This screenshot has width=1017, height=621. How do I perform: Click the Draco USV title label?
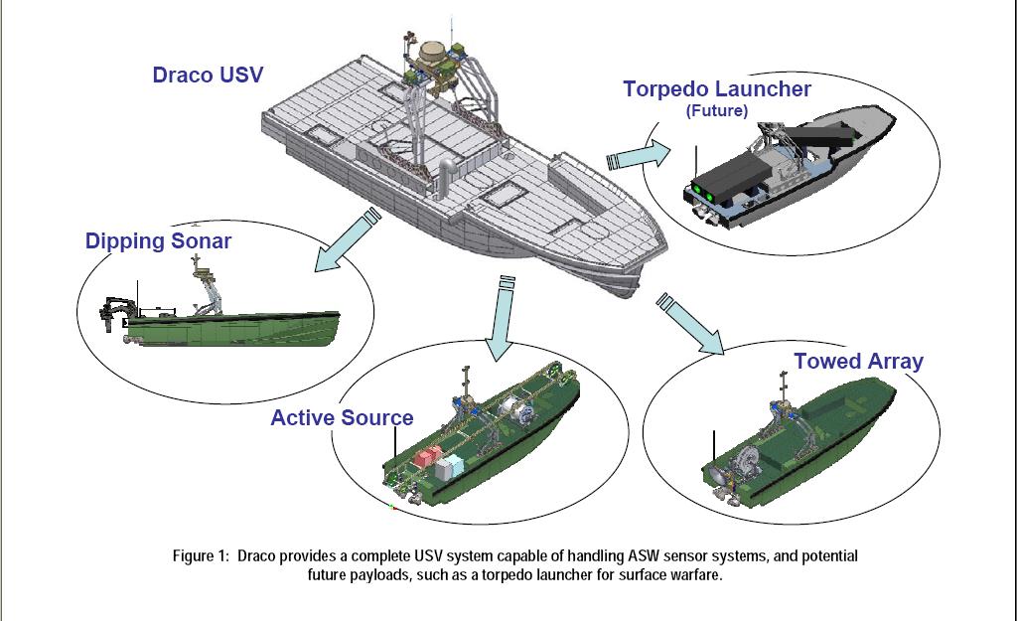[x=208, y=75]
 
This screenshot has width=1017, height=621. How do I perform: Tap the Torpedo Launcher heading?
[x=717, y=88]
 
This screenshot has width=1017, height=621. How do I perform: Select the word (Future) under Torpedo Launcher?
[x=717, y=110]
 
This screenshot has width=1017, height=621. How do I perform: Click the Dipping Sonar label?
[x=158, y=241]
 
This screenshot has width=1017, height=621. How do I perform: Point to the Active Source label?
[x=342, y=417]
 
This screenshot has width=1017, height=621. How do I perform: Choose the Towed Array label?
[x=859, y=362]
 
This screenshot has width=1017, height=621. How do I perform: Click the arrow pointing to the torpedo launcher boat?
[x=640, y=156]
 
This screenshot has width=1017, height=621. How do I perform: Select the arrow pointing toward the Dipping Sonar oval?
[x=347, y=240]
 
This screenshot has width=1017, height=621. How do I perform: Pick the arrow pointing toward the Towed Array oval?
[x=691, y=324]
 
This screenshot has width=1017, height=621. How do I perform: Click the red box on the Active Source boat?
[x=427, y=456]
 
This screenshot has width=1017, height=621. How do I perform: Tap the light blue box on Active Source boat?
[x=449, y=467]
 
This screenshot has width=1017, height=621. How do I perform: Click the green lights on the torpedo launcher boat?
[x=704, y=193]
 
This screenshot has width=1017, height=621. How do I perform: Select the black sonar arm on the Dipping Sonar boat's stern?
[x=114, y=312]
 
